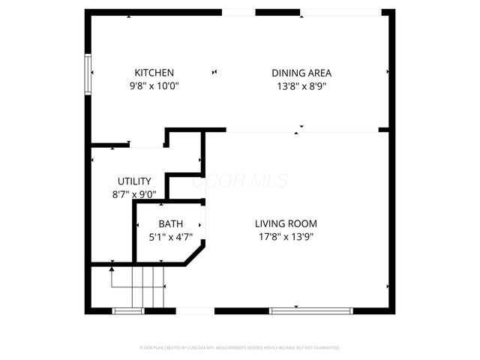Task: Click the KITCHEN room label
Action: (154, 73)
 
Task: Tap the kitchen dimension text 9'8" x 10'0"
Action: (154, 85)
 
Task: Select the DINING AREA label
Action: (301, 73)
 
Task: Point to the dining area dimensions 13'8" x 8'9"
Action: (301, 85)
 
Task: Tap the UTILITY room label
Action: (134, 181)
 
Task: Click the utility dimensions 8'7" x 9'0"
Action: (134, 194)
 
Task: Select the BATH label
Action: (170, 224)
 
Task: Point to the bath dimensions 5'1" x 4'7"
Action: (170, 236)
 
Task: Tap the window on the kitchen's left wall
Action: (88, 73)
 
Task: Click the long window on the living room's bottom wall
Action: (310, 310)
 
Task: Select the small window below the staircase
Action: (127, 310)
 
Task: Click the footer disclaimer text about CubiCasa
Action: (240, 348)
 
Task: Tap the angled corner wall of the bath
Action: (195, 253)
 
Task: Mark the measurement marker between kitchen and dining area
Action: (215, 72)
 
